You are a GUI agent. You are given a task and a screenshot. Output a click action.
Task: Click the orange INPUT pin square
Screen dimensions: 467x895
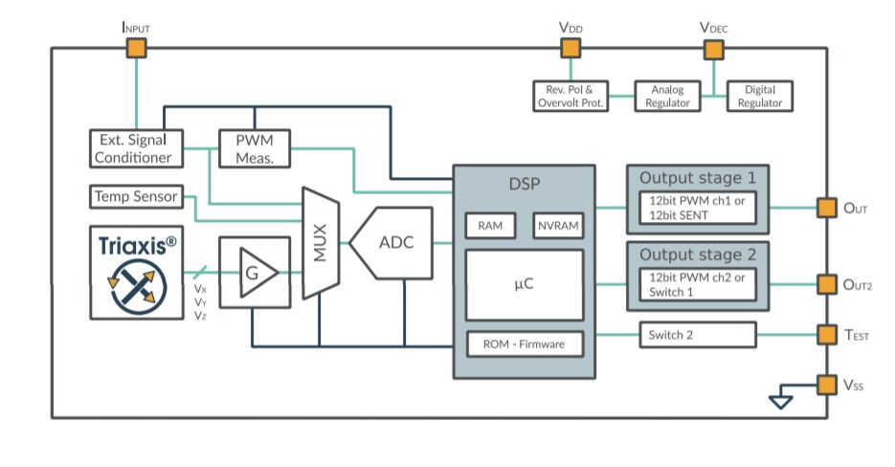pos(137,49)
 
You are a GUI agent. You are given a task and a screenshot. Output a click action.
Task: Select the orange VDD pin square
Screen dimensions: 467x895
pos(571,49)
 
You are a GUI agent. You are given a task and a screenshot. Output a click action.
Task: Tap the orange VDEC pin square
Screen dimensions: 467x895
pos(713,49)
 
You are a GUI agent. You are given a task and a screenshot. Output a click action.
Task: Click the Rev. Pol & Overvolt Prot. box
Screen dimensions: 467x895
pos(571,96)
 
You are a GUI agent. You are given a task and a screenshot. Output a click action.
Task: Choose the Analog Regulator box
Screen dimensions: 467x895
pos(667,96)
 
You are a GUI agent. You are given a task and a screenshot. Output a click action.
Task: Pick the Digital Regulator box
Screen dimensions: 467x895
pos(759,96)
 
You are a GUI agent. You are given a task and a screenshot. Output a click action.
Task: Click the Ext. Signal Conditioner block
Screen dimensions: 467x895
pos(135,148)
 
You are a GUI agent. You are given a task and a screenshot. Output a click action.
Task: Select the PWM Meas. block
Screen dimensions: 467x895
pos(255,148)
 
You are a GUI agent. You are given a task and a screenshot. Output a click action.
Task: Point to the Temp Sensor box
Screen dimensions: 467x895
pos(135,196)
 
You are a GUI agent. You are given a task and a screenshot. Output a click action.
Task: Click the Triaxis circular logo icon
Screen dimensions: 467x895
pos(138,286)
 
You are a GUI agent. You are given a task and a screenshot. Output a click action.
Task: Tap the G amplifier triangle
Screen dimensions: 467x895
pos(256,273)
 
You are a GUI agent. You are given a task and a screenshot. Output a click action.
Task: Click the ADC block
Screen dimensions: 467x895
pos(392,242)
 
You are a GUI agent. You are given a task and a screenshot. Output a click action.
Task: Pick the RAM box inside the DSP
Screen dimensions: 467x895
pos(490,226)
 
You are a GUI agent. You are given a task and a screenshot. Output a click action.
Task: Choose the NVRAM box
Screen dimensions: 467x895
pos(557,226)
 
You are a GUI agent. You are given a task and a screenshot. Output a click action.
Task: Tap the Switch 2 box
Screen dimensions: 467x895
pos(697,335)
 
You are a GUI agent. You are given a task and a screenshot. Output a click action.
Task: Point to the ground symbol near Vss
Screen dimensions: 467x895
pos(781,400)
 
